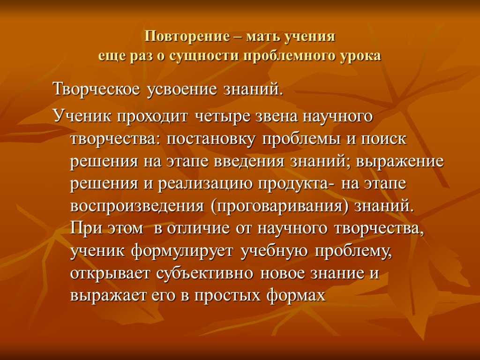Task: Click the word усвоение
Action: [x=183, y=90]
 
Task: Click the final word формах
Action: [x=296, y=296]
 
